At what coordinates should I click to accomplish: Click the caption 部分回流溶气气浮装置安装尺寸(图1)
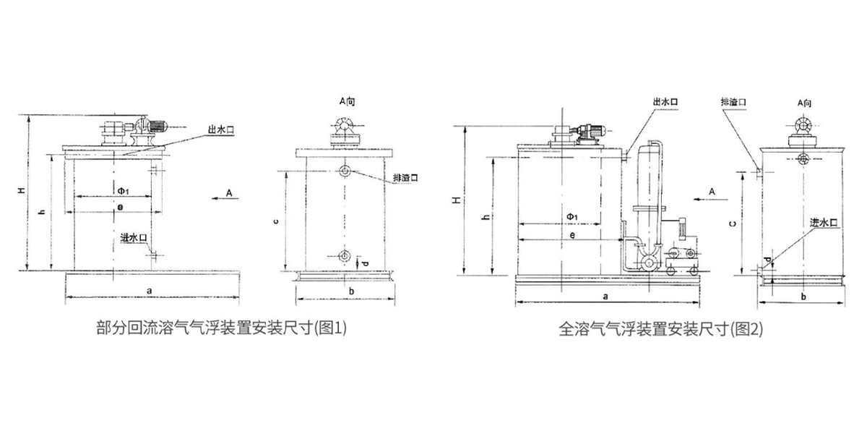[x=222, y=327]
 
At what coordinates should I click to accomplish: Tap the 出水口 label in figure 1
[x=220, y=129]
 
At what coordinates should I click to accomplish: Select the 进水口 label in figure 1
[x=134, y=237]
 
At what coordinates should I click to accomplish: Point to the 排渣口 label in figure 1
[x=405, y=176]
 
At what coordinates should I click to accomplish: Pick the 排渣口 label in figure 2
[x=733, y=103]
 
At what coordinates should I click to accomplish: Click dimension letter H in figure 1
[x=22, y=191]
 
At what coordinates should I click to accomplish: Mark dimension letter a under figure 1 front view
[x=149, y=289]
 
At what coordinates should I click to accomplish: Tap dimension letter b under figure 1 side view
[x=350, y=290]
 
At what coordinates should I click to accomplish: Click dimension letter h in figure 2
[x=486, y=217]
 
